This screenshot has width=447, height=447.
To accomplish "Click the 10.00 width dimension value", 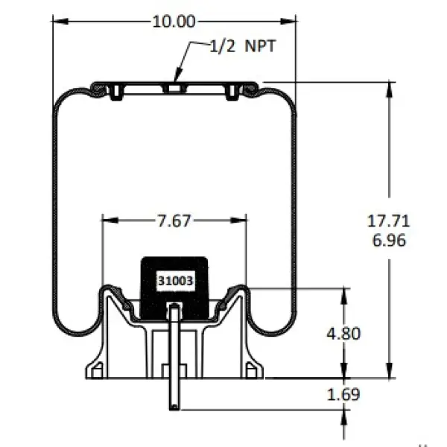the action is coord(174,22).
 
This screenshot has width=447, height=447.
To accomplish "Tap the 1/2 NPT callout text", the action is coord(243,46).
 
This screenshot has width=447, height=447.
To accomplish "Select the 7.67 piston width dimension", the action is coord(174,221).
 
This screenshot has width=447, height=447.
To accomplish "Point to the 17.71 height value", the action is coord(388,221).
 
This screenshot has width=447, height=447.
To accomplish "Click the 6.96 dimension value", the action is coord(389,241).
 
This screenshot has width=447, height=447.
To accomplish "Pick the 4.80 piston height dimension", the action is coord(343,333).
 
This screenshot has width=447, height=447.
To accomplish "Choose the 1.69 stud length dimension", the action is coord(343,395).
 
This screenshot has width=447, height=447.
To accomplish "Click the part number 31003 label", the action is coord(176,281).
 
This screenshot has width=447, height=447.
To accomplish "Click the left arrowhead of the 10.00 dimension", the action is coord(60,22).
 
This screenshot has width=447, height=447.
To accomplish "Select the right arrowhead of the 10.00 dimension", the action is coord(288,22).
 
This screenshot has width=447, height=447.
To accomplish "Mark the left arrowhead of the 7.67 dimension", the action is coord(110,221).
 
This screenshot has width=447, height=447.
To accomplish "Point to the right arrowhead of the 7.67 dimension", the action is coord(238,221).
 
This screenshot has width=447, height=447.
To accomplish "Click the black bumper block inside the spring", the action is coord(175,288).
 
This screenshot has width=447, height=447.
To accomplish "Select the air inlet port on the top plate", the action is coord(174,87).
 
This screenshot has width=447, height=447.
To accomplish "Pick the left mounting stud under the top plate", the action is coord(116,92).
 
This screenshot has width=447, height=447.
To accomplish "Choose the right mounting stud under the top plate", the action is coord(232,92).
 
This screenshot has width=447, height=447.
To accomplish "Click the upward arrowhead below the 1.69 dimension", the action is coord(343,418).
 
